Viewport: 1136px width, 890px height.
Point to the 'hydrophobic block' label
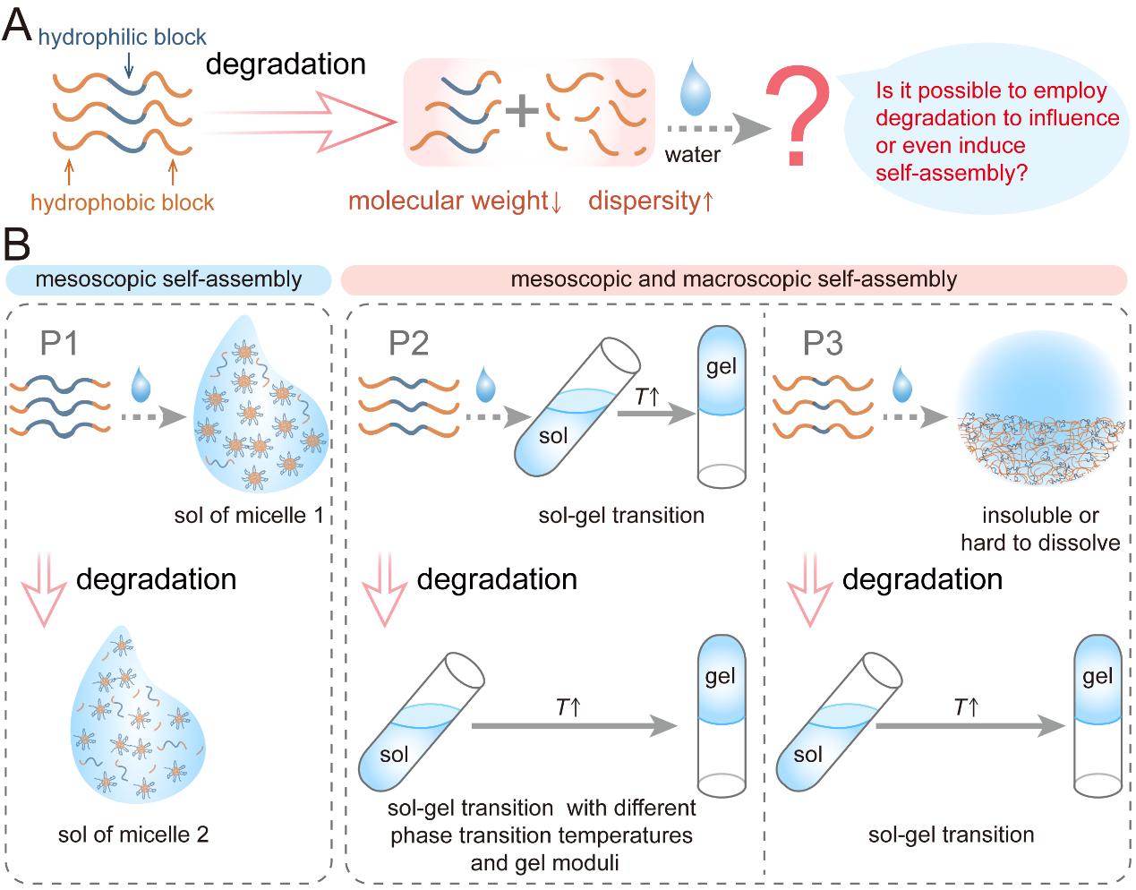(x=122, y=202)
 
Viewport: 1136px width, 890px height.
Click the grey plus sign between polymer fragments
(x=521, y=112)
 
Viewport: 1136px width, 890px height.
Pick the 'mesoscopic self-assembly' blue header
(x=168, y=279)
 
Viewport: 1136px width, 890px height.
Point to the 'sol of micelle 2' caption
(x=133, y=834)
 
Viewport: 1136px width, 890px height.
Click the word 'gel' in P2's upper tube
(x=721, y=367)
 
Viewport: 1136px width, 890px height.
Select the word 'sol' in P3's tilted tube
(x=807, y=754)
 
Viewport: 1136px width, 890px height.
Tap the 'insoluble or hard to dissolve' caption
(x=1040, y=528)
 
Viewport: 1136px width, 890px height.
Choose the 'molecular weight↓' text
(x=455, y=201)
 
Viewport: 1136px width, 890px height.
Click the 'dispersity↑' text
(x=651, y=201)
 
